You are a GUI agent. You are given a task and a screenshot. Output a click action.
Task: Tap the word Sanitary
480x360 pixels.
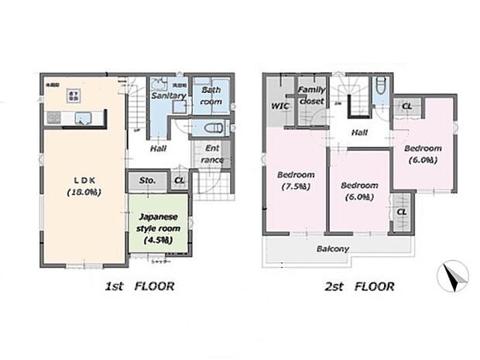click(x=168, y=96)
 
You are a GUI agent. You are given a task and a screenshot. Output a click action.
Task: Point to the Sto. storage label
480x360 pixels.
click(x=148, y=181)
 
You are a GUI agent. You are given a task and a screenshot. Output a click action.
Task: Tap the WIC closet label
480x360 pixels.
click(x=279, y=106)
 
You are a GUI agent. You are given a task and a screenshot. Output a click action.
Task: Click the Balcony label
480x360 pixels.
click(x=332, y=249)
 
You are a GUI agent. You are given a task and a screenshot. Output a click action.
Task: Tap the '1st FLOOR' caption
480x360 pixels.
click(x=139, y=286)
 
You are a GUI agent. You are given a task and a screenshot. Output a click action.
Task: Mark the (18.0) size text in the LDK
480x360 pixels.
click(x=79, y=191)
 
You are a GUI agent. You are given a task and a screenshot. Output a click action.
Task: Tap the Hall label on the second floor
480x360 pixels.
click(x=359, y=132)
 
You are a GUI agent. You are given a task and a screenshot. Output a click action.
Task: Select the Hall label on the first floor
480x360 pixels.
click(x=159, y=148)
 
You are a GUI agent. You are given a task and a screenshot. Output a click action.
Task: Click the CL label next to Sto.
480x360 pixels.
click(x=179, y=181)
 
